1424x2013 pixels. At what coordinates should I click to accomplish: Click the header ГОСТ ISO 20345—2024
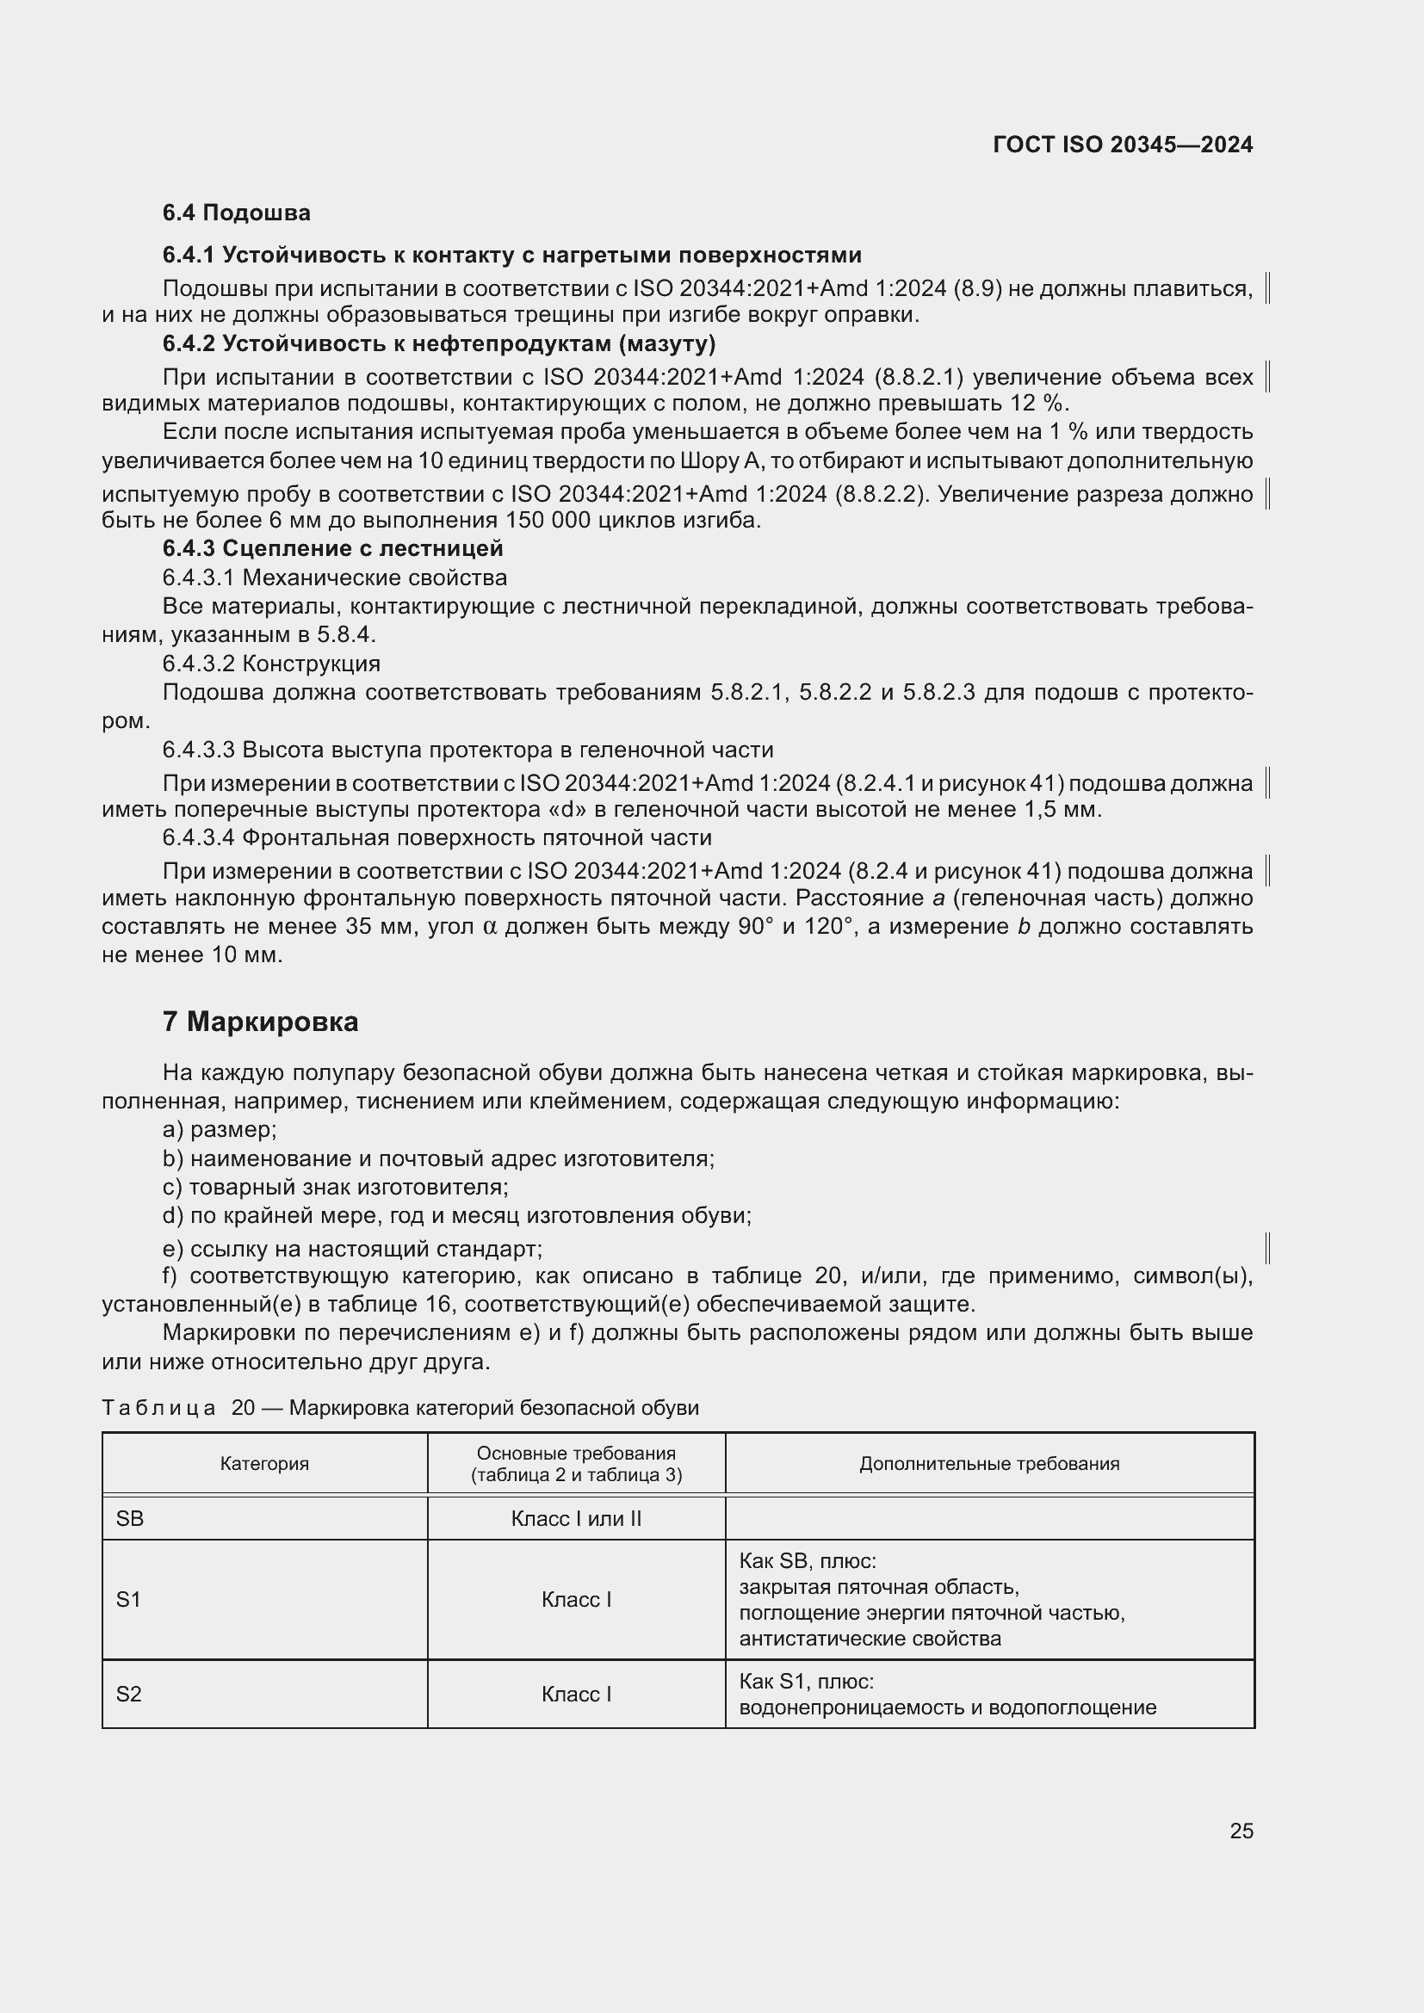click(1123, 145)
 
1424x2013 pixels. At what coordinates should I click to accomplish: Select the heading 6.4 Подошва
click(236, 213)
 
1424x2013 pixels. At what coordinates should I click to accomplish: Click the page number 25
click(1241, 1831)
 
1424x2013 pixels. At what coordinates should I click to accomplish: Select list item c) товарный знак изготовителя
click(335, 1187)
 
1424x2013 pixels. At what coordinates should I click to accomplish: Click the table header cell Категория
click(264, 1463)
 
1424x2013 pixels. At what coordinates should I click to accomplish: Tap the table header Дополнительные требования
click(989, 1463)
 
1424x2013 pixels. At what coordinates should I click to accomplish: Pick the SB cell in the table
click(130, 1518)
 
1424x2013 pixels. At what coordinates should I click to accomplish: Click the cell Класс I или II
click(576, 1518)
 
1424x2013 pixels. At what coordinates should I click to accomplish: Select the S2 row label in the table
click(129, 1694)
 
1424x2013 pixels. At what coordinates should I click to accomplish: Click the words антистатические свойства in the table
click(869, 1639)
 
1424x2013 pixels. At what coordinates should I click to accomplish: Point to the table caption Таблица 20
click(178, 1408)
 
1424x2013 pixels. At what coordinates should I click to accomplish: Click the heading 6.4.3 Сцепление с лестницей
click(332, 549)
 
